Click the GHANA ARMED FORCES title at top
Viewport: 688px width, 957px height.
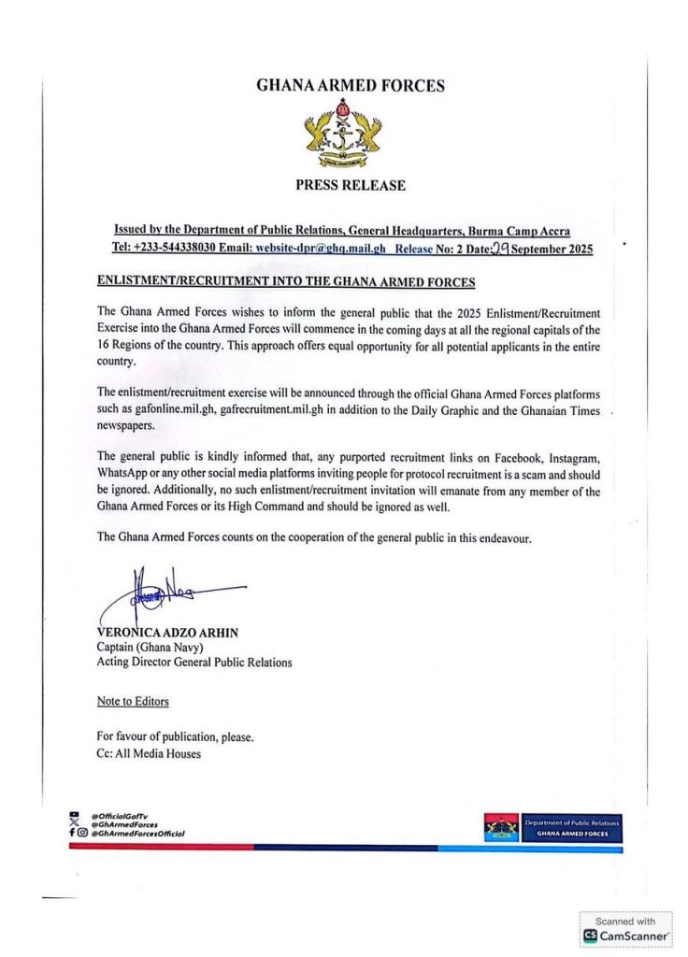[x=350, y=86]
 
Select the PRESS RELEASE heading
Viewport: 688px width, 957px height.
[x=351, y=185]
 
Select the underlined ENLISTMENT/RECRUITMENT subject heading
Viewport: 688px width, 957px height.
[x=286, y=281]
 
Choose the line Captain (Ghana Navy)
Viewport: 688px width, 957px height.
[x=153, y=648]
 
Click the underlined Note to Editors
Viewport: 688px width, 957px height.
[x=133, y=700]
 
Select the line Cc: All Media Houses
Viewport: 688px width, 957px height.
[x=149, y=753]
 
